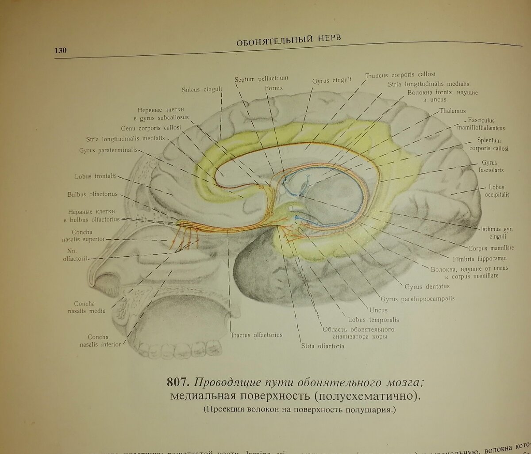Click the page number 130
click(x=61, y=51)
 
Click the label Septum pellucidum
click(x=261, y=79)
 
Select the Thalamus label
click(x=453, y=111)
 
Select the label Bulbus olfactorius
click(x=92, y=194)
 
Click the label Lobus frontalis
click(x=96, y=176)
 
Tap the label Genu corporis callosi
click(x=145, y=129)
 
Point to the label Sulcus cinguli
click(x=202, y=89)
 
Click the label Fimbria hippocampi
click(x=480, y=259)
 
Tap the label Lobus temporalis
click(x=373, y=319)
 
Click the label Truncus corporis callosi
click(x=400, y=75)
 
